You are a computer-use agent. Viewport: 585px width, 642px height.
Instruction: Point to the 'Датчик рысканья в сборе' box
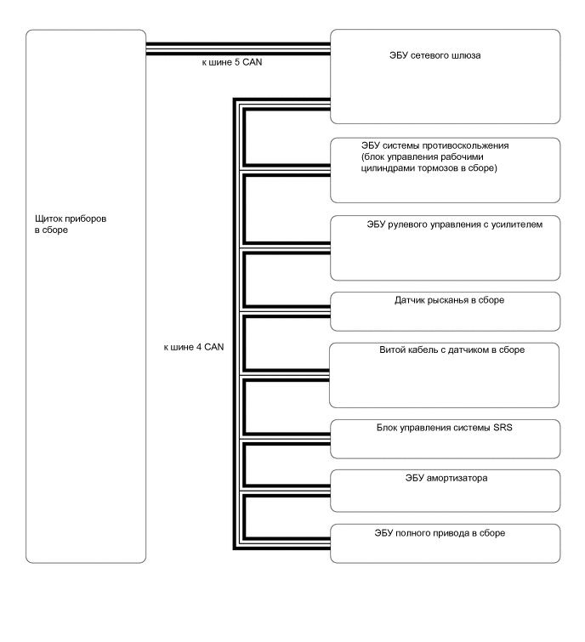445,310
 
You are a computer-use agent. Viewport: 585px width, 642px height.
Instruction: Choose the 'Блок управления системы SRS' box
445,438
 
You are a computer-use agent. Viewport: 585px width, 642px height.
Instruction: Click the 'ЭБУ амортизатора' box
445,486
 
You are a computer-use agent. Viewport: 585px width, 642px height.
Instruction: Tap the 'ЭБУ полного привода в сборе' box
445,543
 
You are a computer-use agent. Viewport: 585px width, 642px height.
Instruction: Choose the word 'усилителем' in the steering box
513,224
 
